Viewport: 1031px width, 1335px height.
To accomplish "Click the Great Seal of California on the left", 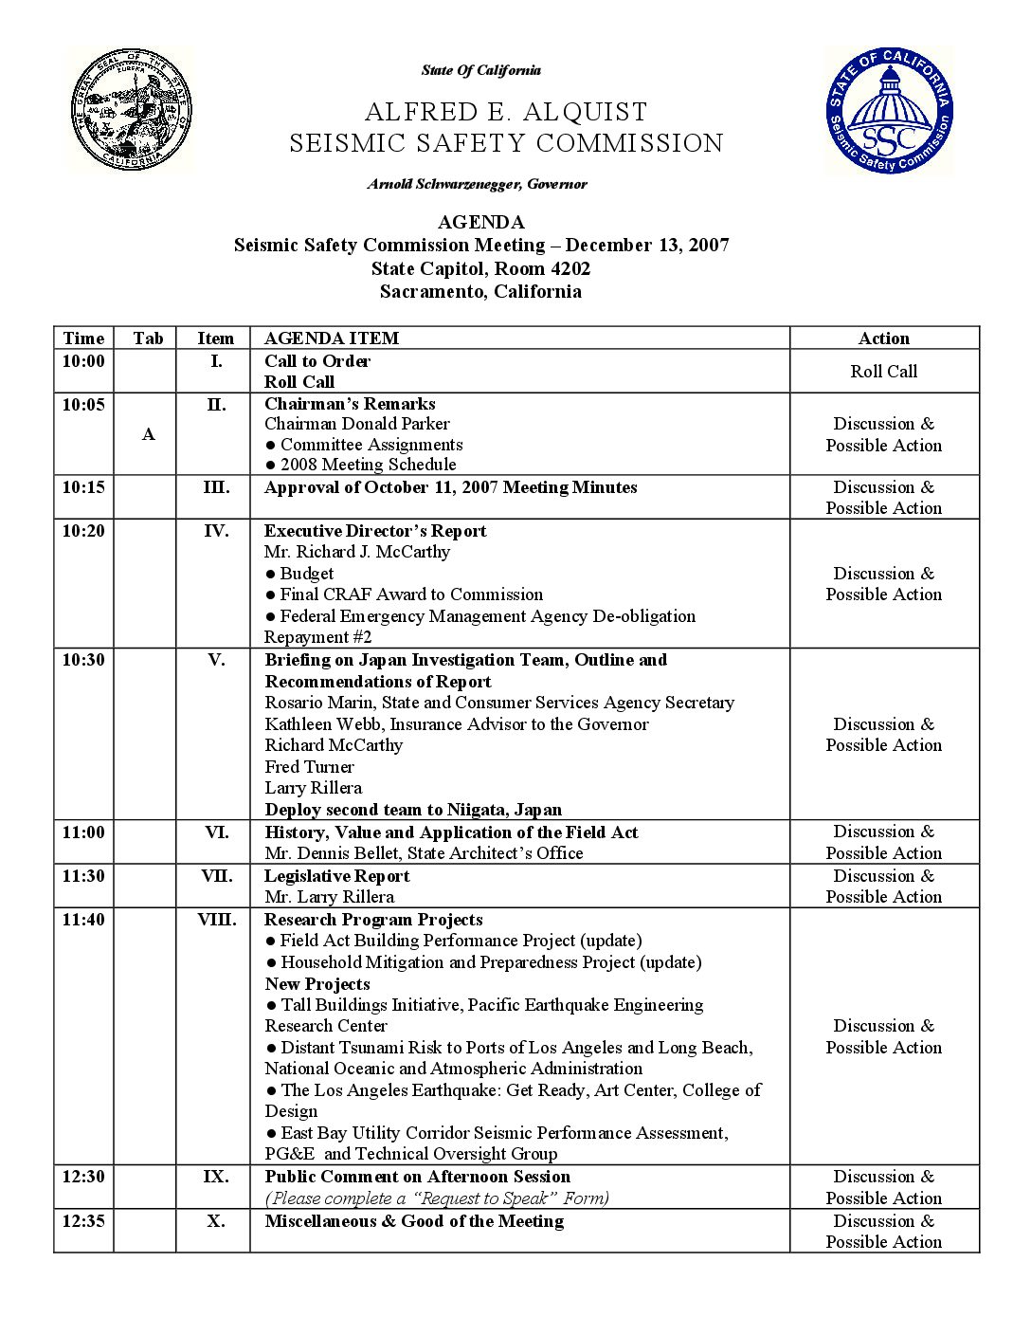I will pyautogui.click(x=130, y=111).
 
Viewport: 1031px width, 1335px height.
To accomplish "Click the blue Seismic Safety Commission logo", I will pyautogui.click(x=888, y=111).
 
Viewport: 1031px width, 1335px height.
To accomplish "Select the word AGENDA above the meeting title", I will pyautogui.click(x=480, y=222).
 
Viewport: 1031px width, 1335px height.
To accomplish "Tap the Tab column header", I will pyautogui.click(x=148, y=338).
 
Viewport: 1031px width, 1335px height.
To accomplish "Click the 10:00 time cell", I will pyautogui.click(x=83, y=361).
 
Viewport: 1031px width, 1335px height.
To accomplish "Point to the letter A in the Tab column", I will pyautogui.click(x=148, y=434).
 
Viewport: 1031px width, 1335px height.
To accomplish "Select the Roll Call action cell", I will pyautogui.click(x=883, y=372).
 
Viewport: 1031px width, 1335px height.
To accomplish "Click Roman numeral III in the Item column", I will pyautogui.click(x=216, y=487).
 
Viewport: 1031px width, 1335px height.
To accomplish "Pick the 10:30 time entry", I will pyautogui.click(x=83, y=660).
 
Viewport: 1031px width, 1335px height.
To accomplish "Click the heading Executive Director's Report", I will pyautogui.click(x=375, y=531).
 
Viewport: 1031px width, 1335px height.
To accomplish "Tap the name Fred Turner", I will pyautogui.click(x=309, y=767).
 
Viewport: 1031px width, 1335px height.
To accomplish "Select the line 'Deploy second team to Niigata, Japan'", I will pyautogui.click(x=413, y=810).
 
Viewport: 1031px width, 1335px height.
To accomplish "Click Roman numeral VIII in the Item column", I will pyautogui.click(x=216, y=920).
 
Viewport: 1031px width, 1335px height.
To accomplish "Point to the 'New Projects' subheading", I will pyautogui.click(x=317, y=984).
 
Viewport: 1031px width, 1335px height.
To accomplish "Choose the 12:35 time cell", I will pyautogui.click(x=83, y=1221).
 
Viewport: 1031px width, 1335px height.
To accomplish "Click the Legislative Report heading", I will pyautogui.click(x=337, y=876).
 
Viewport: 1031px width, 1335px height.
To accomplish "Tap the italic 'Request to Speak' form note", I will pyautogui.click(x=437, y=1198).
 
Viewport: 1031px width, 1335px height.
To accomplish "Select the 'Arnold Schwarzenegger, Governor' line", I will pyautogui.click(x=478, y=184).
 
